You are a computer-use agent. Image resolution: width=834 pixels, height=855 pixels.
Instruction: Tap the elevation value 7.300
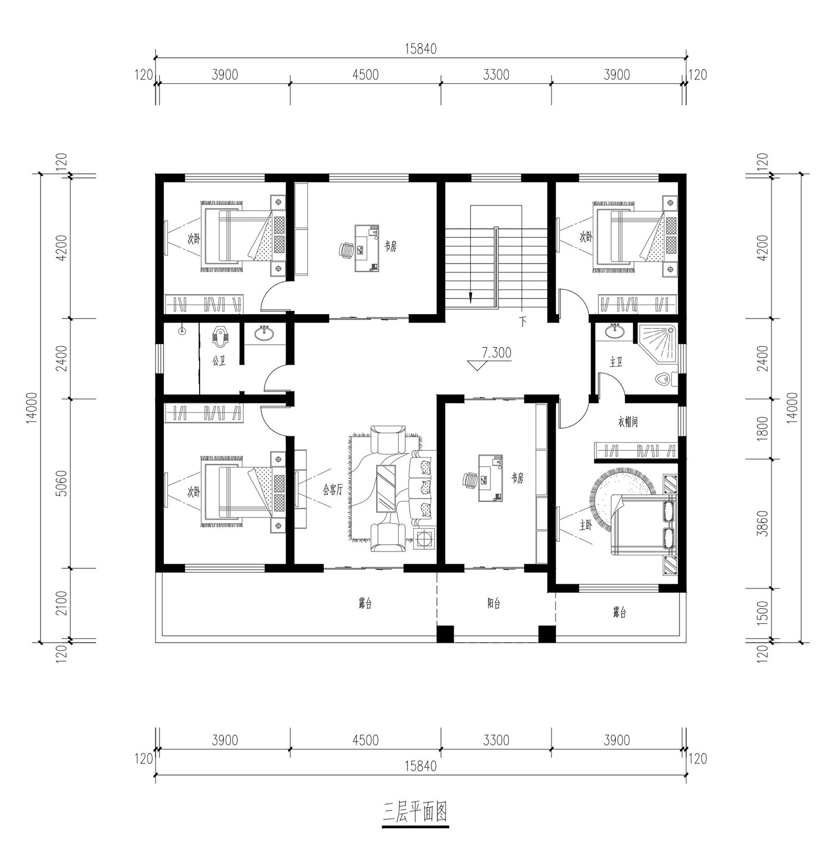497,352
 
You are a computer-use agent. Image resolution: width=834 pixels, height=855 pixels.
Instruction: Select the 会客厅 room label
332,490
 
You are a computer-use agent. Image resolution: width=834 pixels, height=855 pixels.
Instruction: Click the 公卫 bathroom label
219,361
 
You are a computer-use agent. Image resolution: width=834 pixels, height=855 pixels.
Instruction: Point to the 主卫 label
616,362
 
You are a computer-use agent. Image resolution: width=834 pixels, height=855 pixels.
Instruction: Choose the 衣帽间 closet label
628,422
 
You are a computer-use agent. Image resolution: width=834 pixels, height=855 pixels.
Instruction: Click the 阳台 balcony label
494,603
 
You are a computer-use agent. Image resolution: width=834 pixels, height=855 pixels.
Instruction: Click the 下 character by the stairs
523,321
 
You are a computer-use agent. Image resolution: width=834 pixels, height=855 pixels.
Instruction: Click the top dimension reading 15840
420,48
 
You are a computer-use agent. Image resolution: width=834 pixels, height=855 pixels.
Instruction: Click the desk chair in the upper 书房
347,250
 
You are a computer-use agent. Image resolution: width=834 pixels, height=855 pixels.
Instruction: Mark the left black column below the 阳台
445,634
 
